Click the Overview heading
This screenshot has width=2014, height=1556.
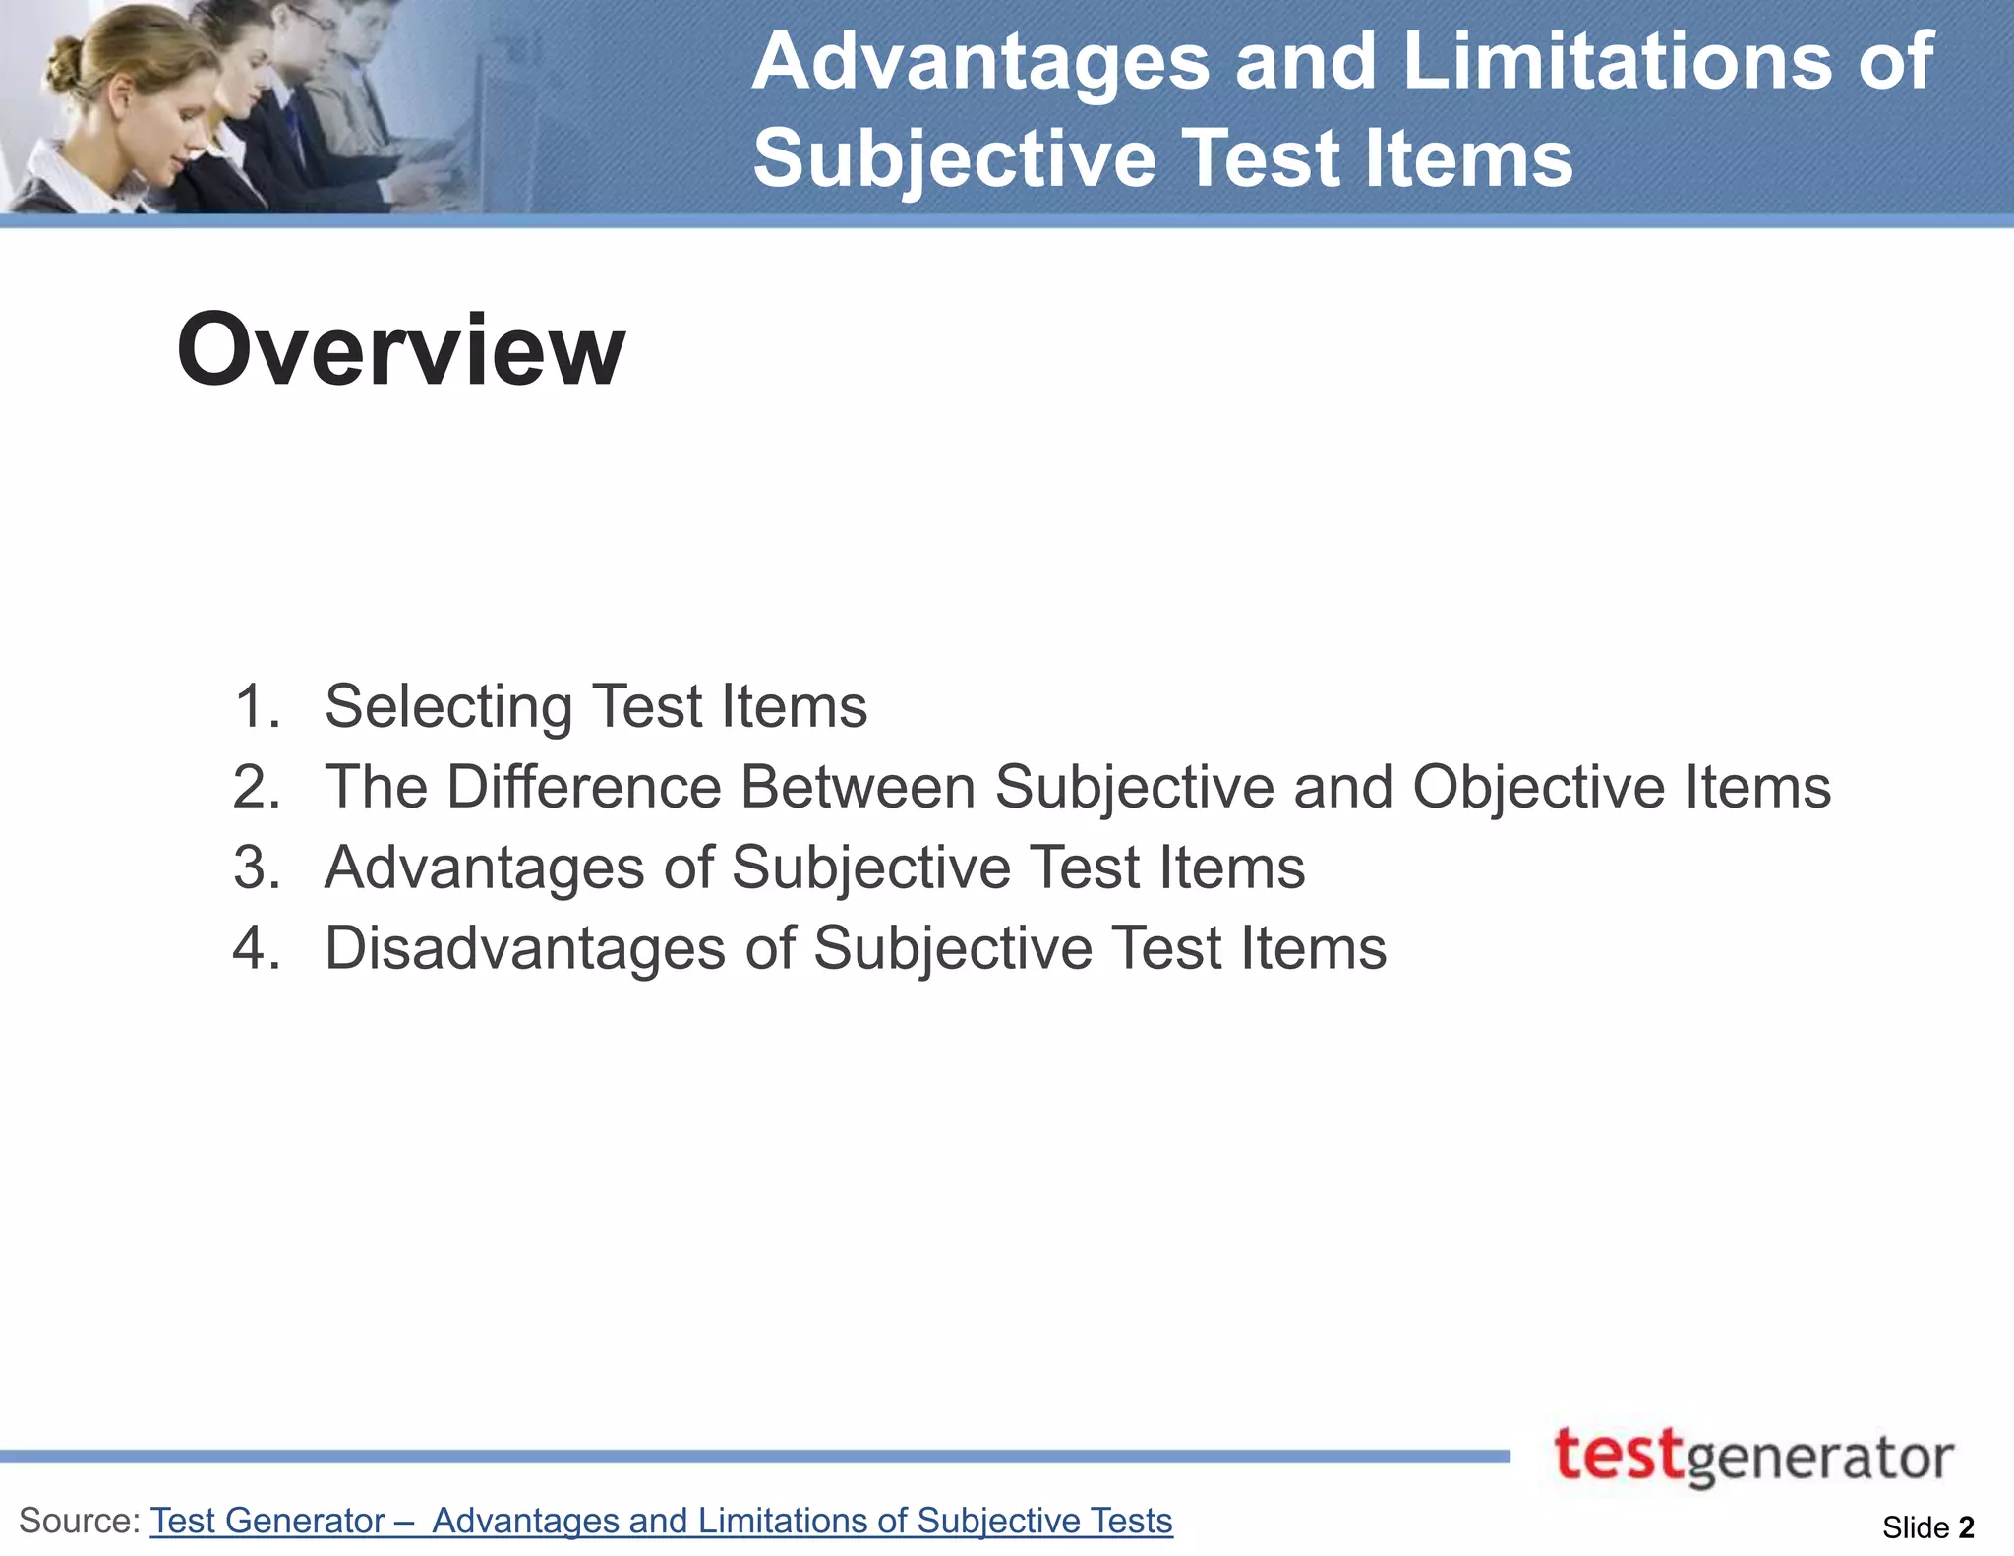(x=400, y=349)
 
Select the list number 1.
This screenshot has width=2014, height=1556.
(x=256, y=706)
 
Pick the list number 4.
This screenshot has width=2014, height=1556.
(x=256, y=948)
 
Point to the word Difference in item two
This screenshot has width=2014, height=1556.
(x=584, y=787)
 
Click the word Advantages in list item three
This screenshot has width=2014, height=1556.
(x=484, y=868)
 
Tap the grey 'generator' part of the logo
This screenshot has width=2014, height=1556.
(x=1819, y=1460)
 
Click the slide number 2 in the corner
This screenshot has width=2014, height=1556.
(x=1966, y=1526)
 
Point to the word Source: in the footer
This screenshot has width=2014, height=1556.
(x=80, y=1521)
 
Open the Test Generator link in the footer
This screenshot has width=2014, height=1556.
(x=267, y=1521)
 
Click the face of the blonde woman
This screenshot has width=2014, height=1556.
(x=148, y=108)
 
